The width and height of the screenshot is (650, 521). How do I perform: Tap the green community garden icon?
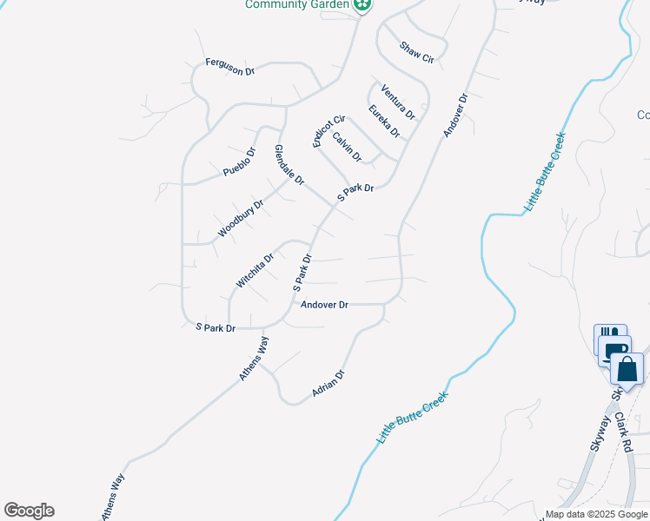(363, 5)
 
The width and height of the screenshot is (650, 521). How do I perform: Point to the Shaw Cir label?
(416, 53)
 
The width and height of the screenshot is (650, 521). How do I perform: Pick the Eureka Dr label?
(383, 121)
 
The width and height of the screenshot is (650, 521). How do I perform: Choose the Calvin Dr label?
(347, 147)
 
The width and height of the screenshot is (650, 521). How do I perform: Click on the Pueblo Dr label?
(239, 162)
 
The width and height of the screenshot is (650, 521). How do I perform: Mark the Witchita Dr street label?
(255, 270)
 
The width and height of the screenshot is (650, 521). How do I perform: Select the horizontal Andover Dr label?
(324, 305)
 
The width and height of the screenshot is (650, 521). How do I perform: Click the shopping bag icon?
(627, 368)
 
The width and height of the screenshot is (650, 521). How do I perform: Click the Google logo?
(29, 511)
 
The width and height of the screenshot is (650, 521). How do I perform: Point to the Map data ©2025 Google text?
(596, 514)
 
